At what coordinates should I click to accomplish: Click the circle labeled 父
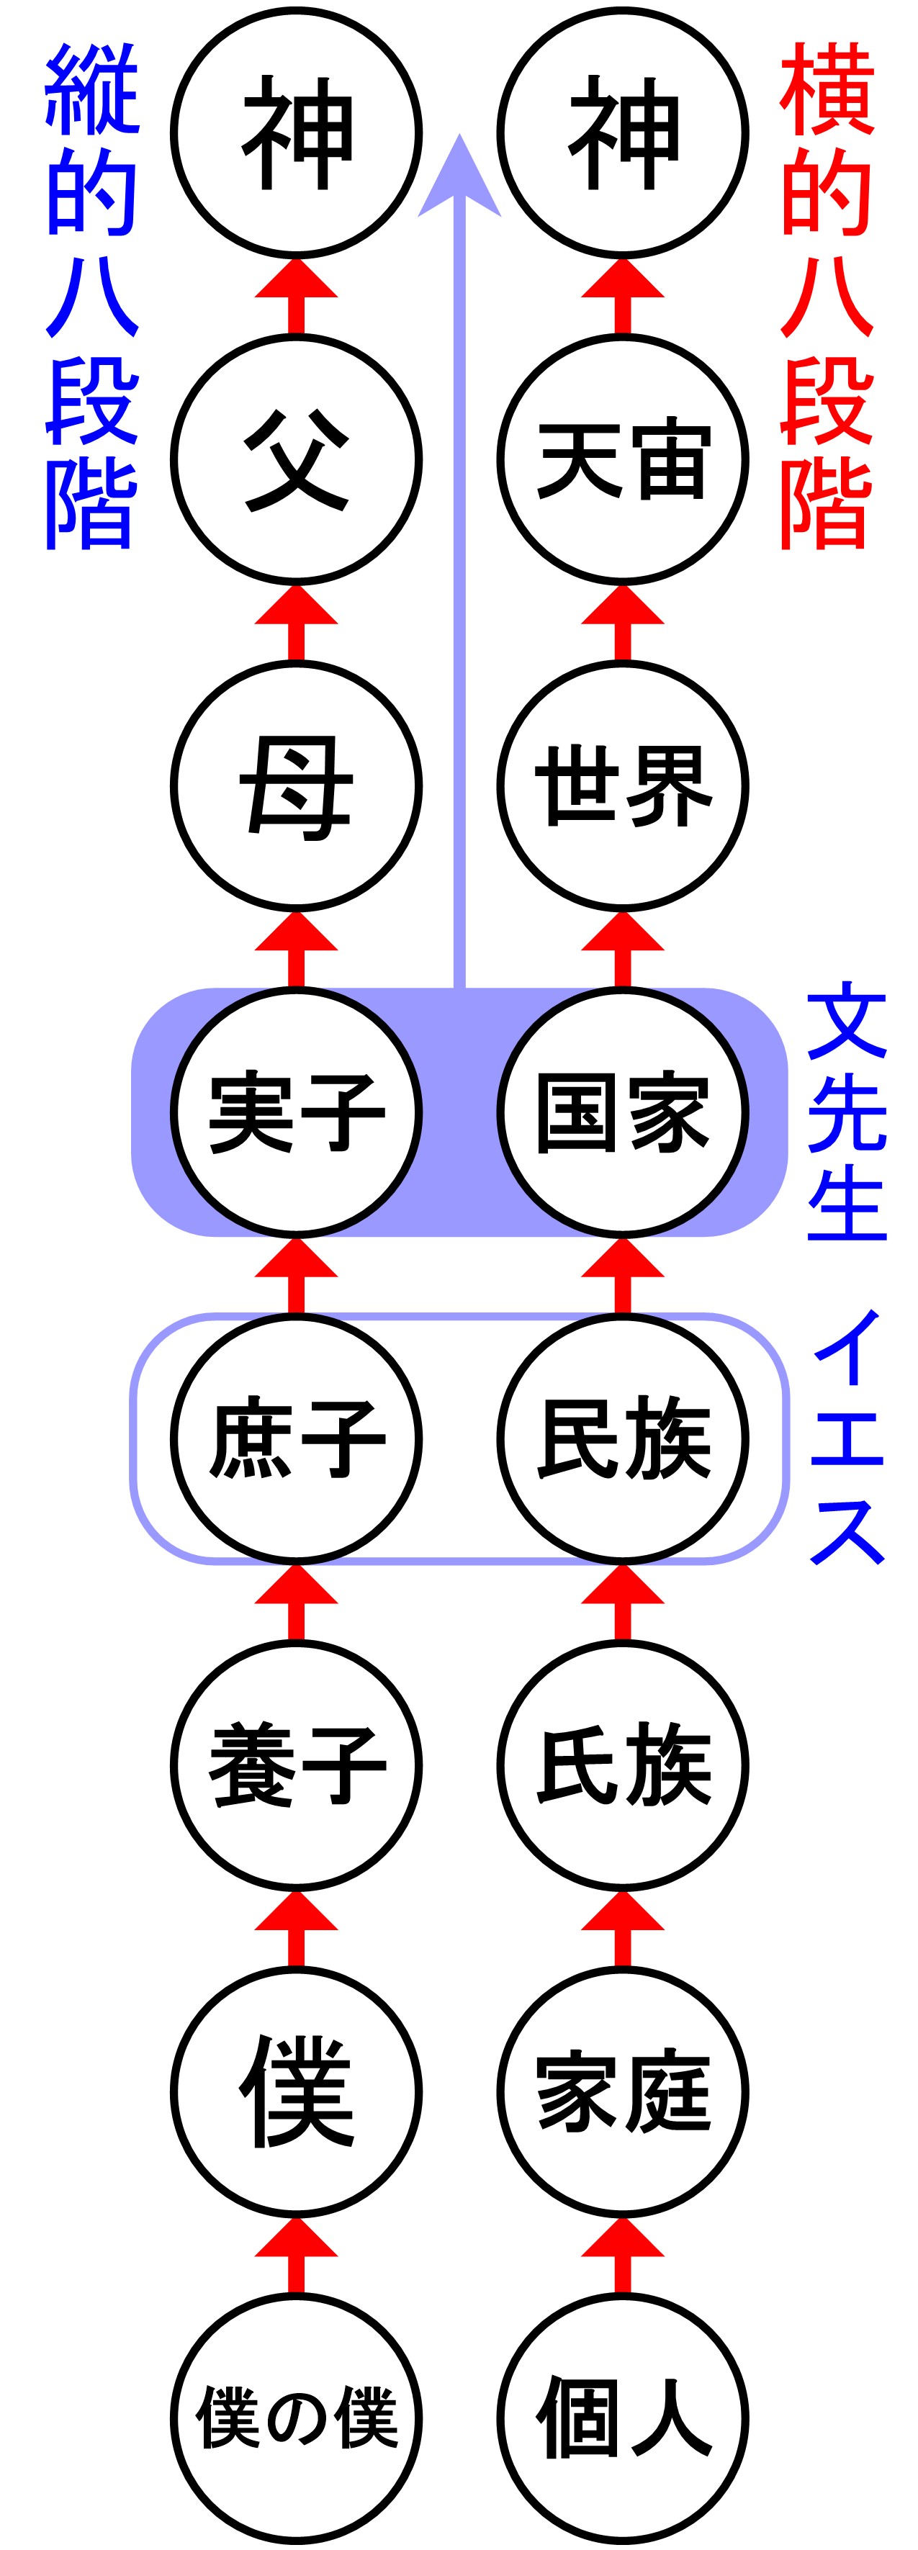pyautogui.click(x=296, y=459)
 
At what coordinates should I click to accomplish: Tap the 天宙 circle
pyautogui.click(x=623, y=459)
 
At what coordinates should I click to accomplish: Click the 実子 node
pyautogui.click(x=296, y=1112)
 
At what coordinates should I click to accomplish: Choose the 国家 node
pyautogui.click(x=623, y=1112)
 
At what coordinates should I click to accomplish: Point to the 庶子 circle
pyautogui.click(x=296, y=1438)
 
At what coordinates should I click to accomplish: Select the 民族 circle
pyautogui.click(x=623, y=1438)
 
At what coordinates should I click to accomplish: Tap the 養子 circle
pyautogui.click(x=296, y=1765)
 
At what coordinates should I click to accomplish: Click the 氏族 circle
pyautogui.click(x=623, y=1765)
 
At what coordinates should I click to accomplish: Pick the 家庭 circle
pyautogui.click(x=623, y=2091)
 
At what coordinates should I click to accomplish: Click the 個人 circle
pyautogui.click(x=623, y=2418)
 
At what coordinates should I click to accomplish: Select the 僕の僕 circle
pyautogui.click(x=296, y=2418)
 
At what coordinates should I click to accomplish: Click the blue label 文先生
pyautogui.click(x=847, y=1112)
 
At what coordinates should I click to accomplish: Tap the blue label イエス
pyautogui.click(x=847, y=1438)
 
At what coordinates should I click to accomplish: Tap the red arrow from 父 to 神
pyautogui.click(x=296, y=295)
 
